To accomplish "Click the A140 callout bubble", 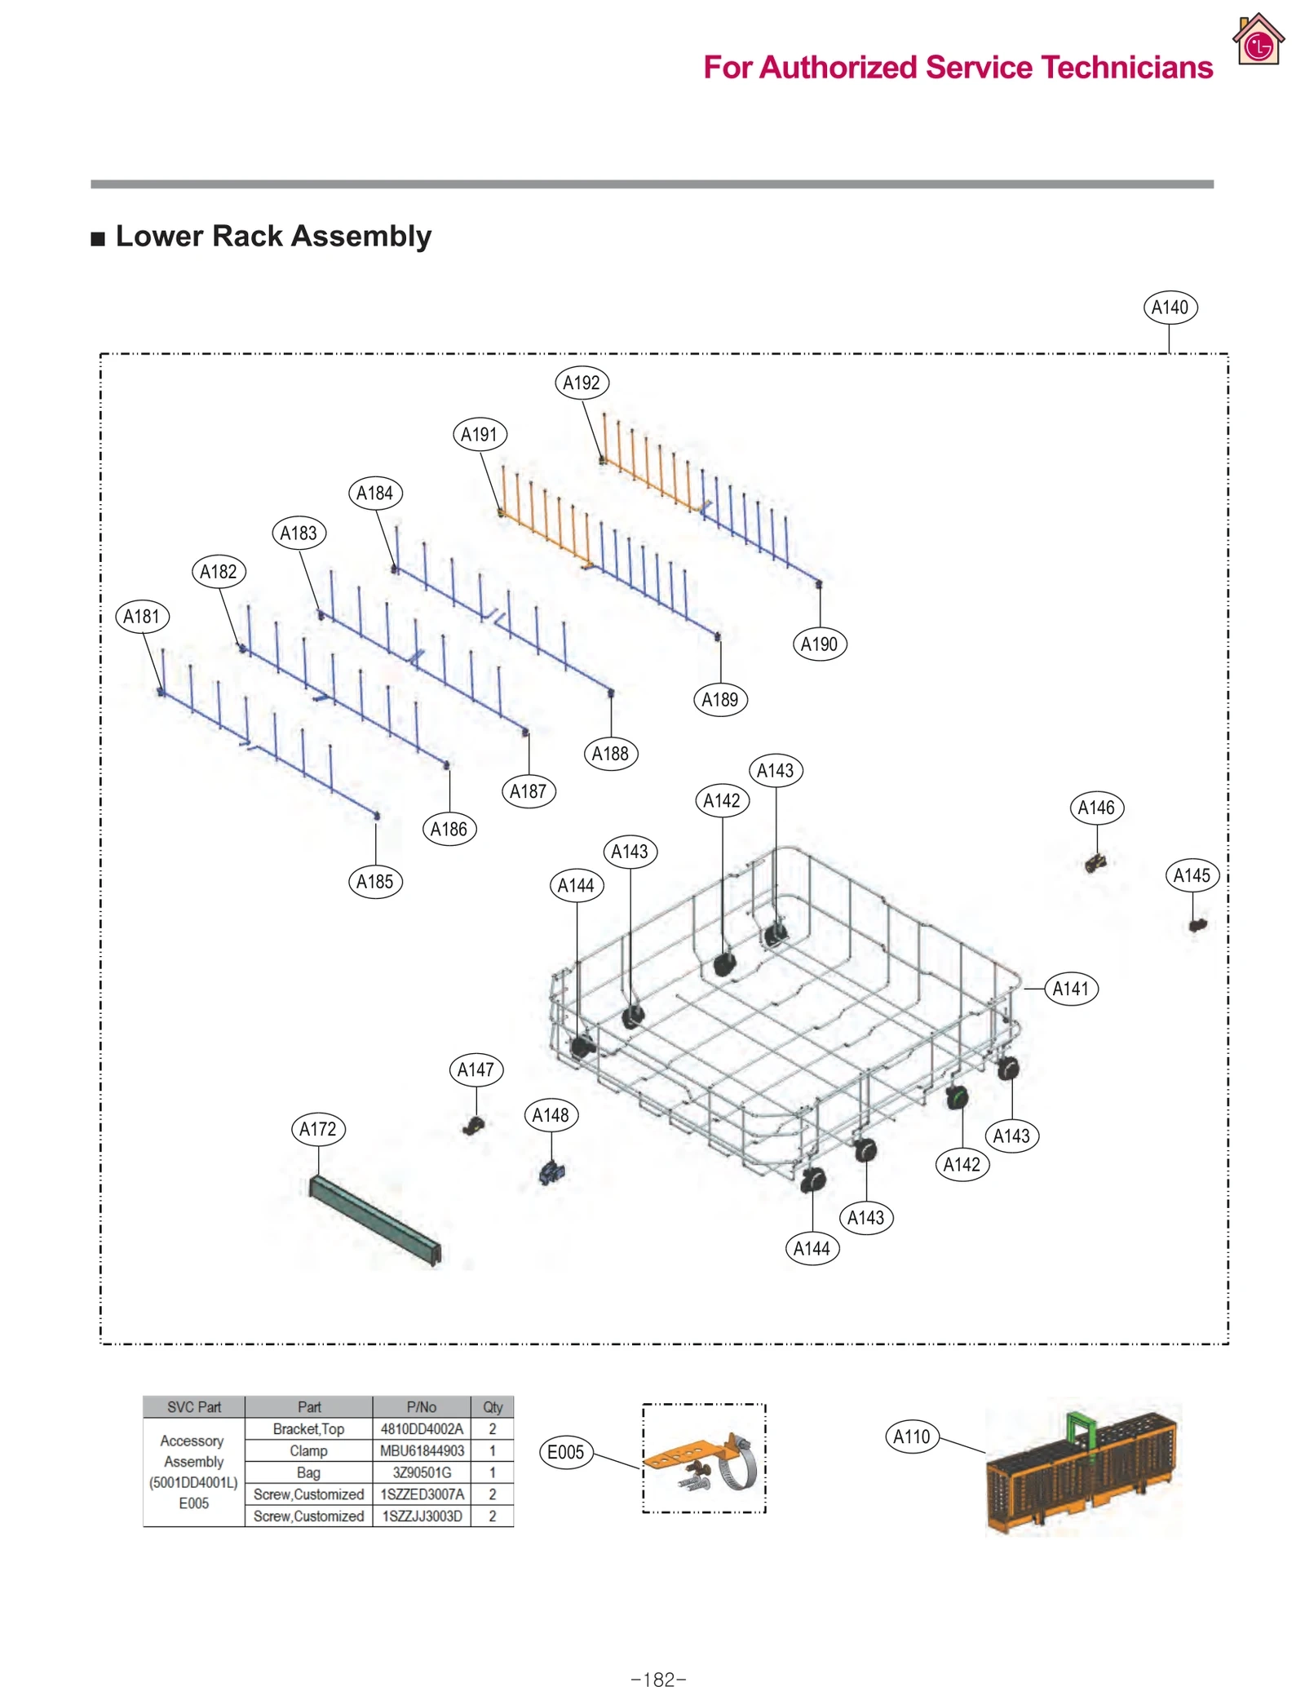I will (x=1169, y=308).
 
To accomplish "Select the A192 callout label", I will (x=582, y=383).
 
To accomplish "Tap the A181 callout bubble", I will (x=142, y=616).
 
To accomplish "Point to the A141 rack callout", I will (x=1070, y=989).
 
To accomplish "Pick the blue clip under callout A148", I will (x=552, y=1173).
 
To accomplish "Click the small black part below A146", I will (x=1095, y=862).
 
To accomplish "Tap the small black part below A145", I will (x=1197, y=925).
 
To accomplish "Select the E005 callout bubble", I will (x=565, y=1452).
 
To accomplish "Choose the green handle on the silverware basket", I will (x=1081, y=1428).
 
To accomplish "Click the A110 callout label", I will (x=911, y=1437).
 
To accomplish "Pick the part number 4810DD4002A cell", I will (x=422, y=1428).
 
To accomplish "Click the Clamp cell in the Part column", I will (x=308, y=1450).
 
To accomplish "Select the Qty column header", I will (x=492, y=1407).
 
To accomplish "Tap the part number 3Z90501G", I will (x=422, y=1472).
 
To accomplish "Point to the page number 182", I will (x=658, y=1680).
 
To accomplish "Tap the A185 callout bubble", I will (x=375, y=882).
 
